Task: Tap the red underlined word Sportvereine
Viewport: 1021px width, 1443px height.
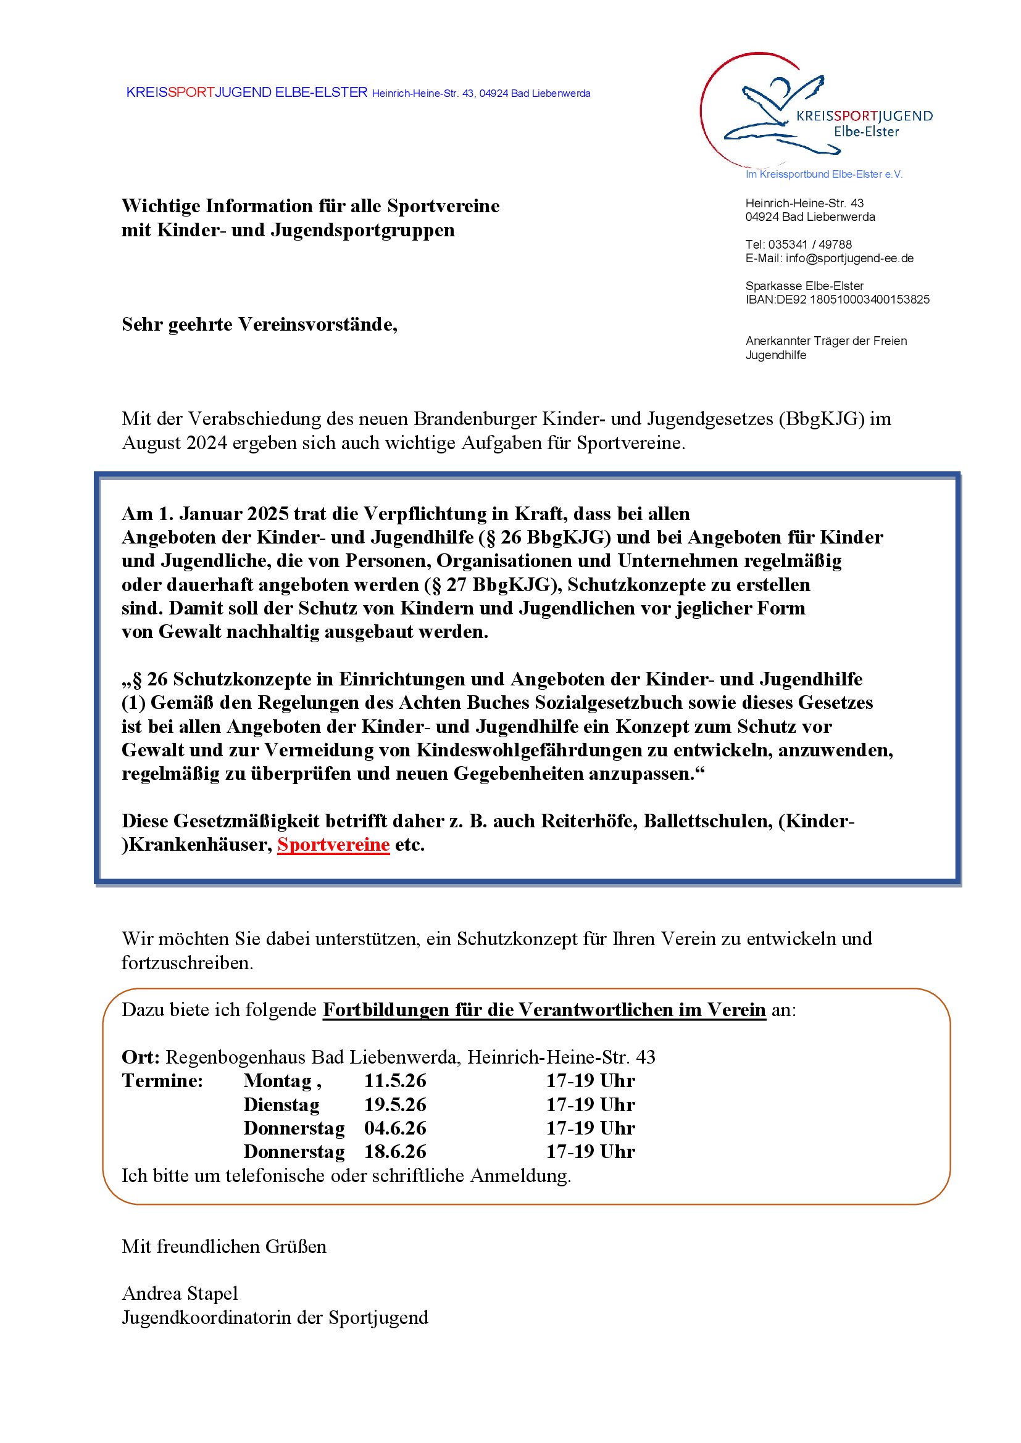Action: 333,844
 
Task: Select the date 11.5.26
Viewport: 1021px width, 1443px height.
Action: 395,1080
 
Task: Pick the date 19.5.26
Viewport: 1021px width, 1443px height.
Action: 395,1104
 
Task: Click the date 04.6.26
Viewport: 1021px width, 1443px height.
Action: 395,1128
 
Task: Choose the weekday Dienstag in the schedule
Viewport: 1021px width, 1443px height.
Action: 281,1104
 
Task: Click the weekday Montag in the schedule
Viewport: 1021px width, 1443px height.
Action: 277,1080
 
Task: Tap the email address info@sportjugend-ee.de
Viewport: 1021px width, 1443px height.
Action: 849,258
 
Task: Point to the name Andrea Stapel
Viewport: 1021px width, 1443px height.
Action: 180,1294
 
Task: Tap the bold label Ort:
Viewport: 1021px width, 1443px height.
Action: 140,1057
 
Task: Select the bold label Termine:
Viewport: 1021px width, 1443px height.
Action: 162,1080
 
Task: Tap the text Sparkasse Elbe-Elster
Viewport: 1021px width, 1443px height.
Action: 804,286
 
